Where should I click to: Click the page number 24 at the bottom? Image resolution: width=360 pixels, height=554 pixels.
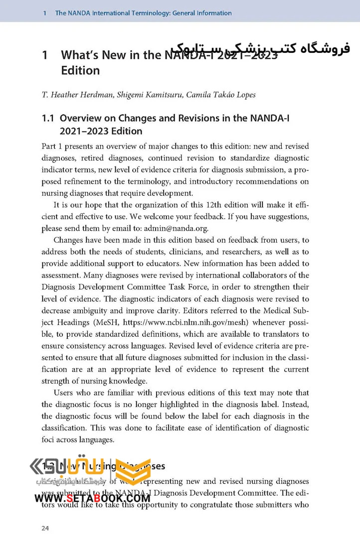[45, 529]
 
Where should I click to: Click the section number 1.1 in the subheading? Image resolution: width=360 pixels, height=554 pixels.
[48, 118]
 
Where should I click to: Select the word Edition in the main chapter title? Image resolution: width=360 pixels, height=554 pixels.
[80, 70]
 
